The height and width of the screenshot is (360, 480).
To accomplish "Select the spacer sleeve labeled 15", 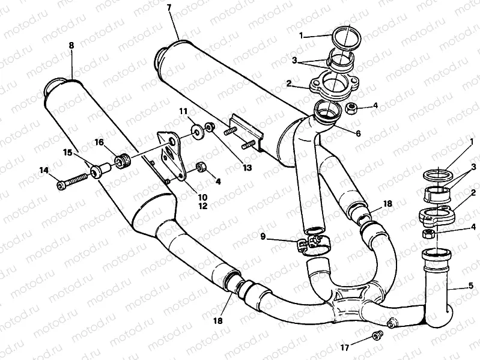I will tap(99, 172).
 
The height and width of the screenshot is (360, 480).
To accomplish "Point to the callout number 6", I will tap(358, 133).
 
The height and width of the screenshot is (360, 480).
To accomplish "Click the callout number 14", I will tap(43, 170).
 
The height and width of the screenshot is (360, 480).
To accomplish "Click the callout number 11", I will tap(183, 111).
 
